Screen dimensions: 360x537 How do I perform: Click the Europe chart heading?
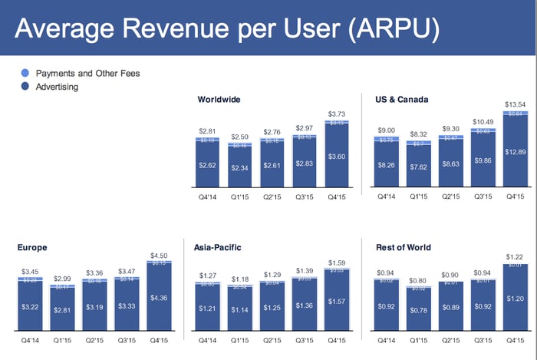pyautogui.click(x=32, y=247)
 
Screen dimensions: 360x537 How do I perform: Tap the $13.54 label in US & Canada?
pyautogui.click(x=512, y=104)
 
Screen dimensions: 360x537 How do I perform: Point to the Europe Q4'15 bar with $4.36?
pyautogui.click(x=158, y=299)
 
